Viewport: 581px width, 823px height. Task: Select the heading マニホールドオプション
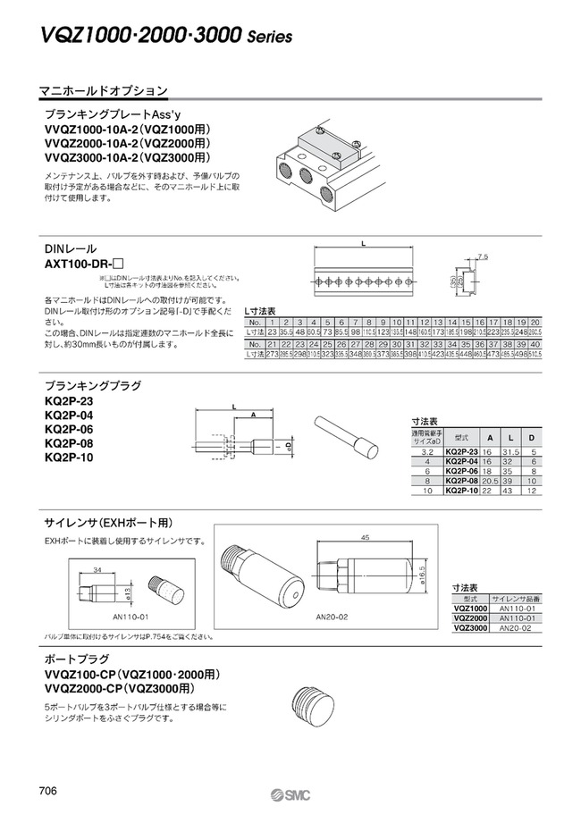103,91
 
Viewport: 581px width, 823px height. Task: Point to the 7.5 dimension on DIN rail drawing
483,256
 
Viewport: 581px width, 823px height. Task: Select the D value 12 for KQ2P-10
532,491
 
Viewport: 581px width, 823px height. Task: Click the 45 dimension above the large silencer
366,538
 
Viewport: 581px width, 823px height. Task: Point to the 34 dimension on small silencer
96,568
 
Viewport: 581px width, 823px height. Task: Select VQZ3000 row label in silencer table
471,628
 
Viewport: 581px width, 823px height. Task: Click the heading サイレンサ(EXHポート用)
108,523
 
